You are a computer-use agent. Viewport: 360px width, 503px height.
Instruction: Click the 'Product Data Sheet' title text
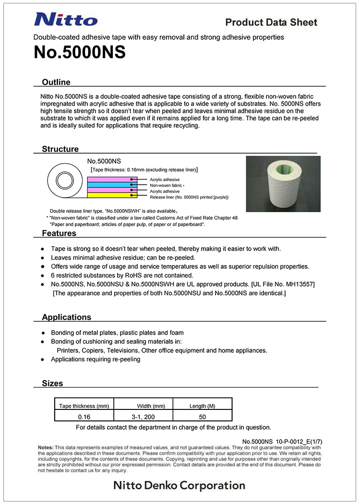point(271,22)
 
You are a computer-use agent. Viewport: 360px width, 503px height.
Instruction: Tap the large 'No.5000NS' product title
point(80,52)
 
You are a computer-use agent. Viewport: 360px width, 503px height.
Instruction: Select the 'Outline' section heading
point(56,82)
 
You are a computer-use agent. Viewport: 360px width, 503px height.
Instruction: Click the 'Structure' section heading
point(60,149)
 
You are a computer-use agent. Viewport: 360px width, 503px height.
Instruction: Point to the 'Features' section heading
point(59,233)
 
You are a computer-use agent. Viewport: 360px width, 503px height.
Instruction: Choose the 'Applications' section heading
point(66,317)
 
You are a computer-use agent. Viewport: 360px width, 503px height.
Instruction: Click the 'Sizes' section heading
point(52,383)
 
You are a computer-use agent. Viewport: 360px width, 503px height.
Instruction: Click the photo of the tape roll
point(283,184)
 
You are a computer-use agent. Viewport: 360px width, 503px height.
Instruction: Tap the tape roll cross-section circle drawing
point(63,181)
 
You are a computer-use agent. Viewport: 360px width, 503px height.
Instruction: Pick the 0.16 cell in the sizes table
point(84,417)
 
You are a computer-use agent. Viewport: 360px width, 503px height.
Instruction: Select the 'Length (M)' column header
point(202,406)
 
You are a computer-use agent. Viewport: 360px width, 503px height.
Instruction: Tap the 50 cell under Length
point(202,417)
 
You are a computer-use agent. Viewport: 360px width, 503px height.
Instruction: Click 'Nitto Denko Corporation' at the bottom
point(179,485)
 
